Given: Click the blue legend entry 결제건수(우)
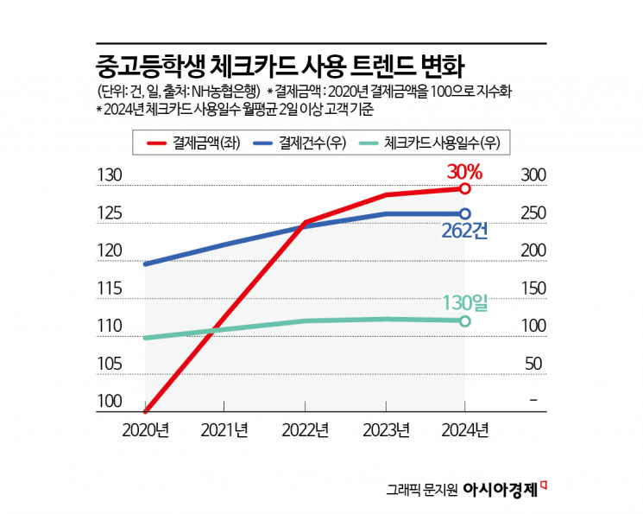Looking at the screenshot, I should (302, 143).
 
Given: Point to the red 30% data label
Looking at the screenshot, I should (463, 171).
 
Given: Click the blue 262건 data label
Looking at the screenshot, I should (464, 231).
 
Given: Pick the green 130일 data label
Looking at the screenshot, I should (464, 302).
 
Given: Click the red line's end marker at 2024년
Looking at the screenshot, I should (464, 188).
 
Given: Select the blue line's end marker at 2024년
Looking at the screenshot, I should (464, 213).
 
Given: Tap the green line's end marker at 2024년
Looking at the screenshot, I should (464, 320).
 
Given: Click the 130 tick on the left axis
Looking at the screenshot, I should (110, 175).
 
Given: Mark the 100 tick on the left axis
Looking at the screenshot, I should (110, 402).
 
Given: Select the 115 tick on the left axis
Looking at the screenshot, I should (110, 289).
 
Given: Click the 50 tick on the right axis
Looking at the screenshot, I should (534, 364).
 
